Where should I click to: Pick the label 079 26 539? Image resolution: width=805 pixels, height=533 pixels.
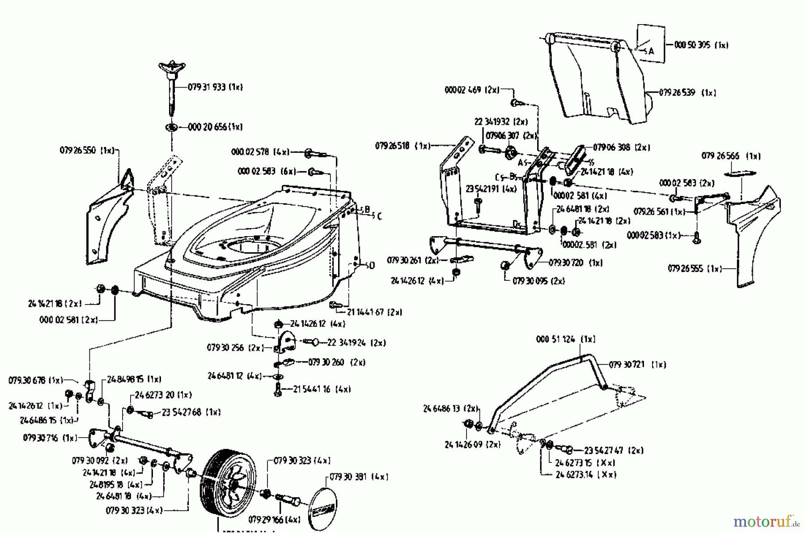tap(687, 93)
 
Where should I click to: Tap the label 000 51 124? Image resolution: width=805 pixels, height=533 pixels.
tap(565, 339)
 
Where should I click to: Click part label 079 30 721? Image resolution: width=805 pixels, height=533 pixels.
tap(637, 365)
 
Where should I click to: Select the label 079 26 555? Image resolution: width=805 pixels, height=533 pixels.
tap(694, 269)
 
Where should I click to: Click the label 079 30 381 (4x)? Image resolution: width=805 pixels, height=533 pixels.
tap(358, 477)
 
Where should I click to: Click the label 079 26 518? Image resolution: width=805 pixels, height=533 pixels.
tap(402, 146)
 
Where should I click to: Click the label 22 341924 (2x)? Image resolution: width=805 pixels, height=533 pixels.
tap(356, 343)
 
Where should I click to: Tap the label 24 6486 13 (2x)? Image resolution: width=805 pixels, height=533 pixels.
tap(449, 409)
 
